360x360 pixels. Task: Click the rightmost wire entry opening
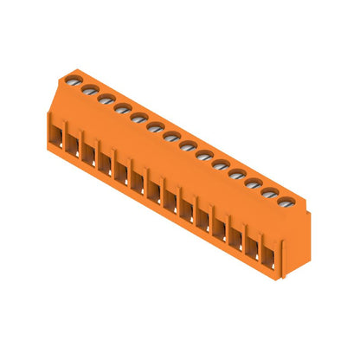pyautogui.click(x=271, y=258)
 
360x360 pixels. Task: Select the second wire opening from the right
pyautogui.click(x=255, y=248)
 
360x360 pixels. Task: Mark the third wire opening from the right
pyautogui.click(x=238, y=240)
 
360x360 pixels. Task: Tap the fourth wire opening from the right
pyautogui.click(x=222, y=230)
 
